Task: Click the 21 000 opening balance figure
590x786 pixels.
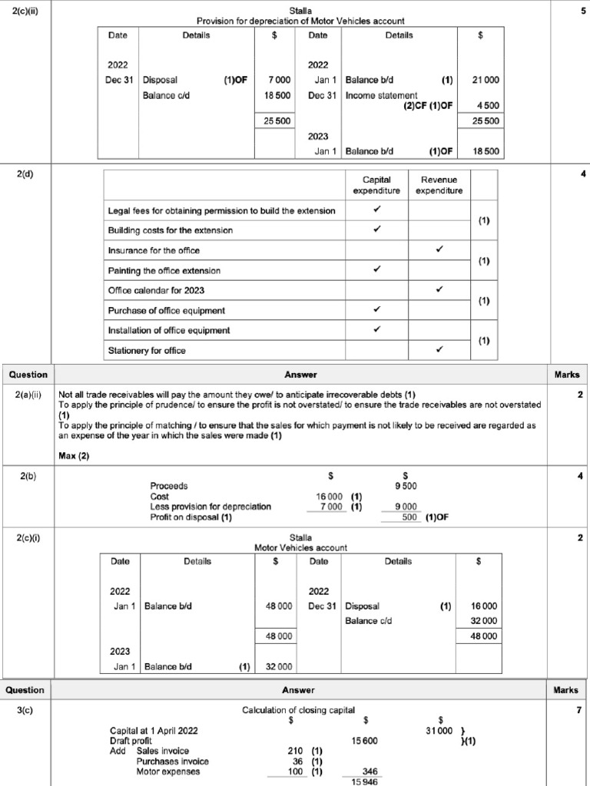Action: (486, 79)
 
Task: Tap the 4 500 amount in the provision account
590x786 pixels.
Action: (488, 106)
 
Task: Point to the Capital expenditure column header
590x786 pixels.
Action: (376, 185)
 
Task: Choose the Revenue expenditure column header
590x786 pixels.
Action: (439, 185)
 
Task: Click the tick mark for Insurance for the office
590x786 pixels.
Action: (439, 250)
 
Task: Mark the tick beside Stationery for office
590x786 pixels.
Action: (439, 350)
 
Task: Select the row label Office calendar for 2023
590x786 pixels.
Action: (157, 290)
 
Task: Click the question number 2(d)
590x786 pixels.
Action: (25, 174)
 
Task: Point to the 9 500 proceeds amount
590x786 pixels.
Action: (406, 486)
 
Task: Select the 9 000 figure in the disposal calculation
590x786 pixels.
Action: (406, 507)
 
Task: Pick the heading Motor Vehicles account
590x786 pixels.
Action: (300, 547)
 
